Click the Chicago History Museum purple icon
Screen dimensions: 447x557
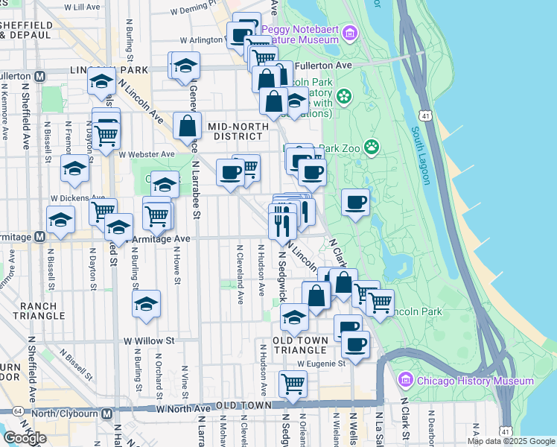[x=405, y=381]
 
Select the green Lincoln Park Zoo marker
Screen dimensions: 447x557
[x=371, y=148]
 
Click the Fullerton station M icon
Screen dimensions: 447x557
[x=40, y=76]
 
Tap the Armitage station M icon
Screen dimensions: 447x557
[x=40, y=235]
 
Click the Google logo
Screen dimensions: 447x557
[x=24, y=438]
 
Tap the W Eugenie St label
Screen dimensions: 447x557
[x=322, y=364]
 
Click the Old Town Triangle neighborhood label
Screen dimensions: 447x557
[x=299, y=345]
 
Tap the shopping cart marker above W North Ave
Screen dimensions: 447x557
[x=293, y=384]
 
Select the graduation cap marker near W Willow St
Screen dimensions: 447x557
[x=147, y=304]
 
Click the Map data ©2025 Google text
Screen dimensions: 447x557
[x=511, y=441]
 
